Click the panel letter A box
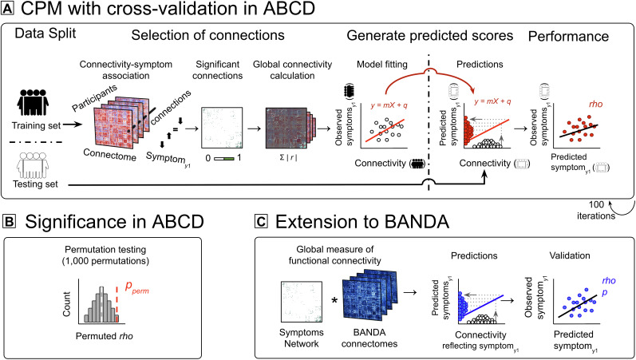click(x=8, y=10)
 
